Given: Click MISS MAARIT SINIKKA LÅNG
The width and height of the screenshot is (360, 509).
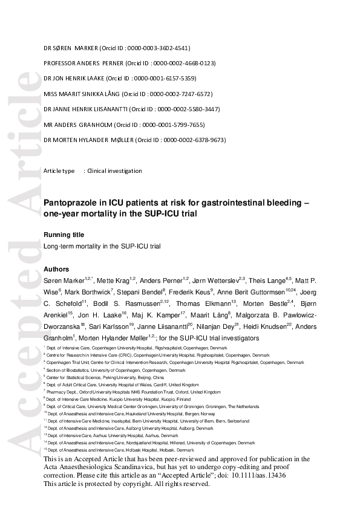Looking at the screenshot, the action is click(82, 94).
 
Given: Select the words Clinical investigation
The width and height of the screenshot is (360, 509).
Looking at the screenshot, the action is click(115, 171).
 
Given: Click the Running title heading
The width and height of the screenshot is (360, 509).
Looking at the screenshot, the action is click(64, 235).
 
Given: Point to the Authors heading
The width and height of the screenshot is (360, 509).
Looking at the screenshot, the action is click(56, 269).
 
